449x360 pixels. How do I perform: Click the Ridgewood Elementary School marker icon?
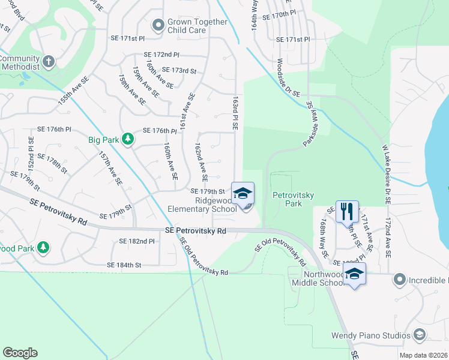point(243,193)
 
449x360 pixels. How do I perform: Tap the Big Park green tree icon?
point(127,140)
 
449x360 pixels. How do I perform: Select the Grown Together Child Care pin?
point(158,25)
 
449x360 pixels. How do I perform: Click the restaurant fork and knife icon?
point(347,211)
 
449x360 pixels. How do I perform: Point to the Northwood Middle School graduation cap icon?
point(355,274)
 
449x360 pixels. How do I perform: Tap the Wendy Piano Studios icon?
point(421,335)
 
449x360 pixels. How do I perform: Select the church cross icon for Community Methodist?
point(49,61)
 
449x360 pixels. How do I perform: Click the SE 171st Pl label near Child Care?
point(128,38)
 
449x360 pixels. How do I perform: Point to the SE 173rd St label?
point(179,71)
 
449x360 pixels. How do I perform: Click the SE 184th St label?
point(124,265)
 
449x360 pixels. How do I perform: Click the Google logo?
point(20,353)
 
